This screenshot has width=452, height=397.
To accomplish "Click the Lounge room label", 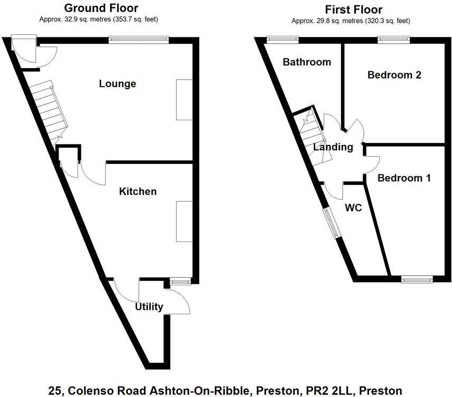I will (118, 84).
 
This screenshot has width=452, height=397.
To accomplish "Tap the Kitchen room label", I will (137, 191).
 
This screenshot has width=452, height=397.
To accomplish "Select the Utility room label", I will (149, 307).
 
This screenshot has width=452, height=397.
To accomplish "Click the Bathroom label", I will (307, 62).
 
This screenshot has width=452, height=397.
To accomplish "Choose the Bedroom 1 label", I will (404, 178).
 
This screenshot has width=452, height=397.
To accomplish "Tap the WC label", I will (353, 208).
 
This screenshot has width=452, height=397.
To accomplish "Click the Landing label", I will (333, 147).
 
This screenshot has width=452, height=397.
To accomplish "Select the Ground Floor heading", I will (101, 8).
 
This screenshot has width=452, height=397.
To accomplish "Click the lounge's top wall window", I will (139, 38).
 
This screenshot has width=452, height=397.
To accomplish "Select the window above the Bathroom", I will (282, 38).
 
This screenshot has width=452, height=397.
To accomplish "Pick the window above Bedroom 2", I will (394, 38).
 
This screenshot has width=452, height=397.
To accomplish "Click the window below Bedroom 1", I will (417, 279).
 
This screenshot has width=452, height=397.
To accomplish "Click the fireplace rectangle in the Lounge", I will (184, 100).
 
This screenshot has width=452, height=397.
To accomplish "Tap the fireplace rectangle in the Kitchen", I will (184, 222).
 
